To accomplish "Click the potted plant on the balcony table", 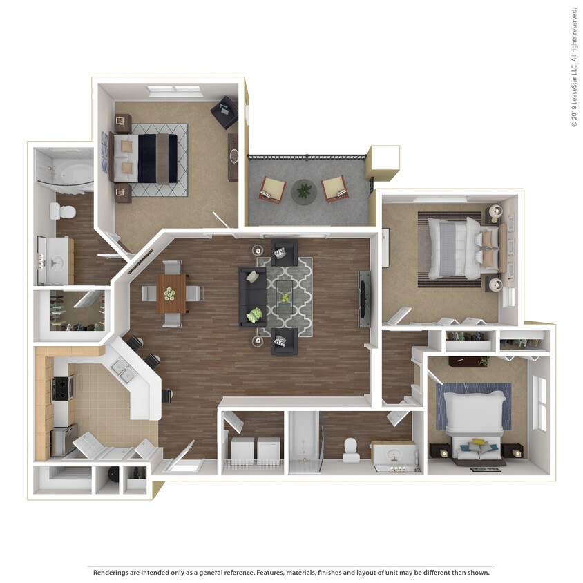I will click(x=304, y=189).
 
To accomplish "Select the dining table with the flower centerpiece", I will click(x=171, y=293).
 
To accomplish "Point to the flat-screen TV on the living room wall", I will click(x=363, y=299).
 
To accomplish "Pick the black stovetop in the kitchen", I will click(x=63, y=388).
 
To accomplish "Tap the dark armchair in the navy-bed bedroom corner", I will click(x=224, y=113).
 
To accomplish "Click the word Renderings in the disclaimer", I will click(x=111, y=572).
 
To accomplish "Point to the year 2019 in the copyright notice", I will click(x=573, y=115).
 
